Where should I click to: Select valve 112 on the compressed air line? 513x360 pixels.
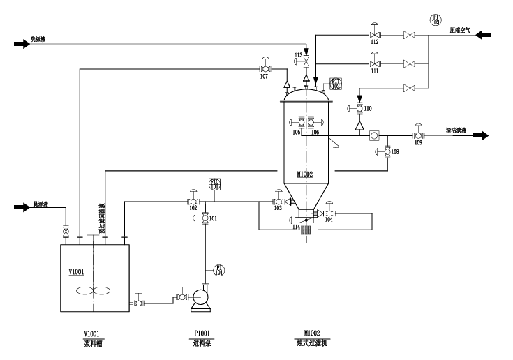pyautogui.click(x=374, y=35)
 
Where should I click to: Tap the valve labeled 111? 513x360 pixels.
pyautogui.click(x=374, y=63)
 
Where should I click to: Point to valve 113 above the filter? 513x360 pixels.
pyautogui.click(x=306, y=61)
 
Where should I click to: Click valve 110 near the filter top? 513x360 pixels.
pyautogui.click(x=359, y=108)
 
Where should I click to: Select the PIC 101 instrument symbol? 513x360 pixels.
pyautogui.click(x=215, y=186)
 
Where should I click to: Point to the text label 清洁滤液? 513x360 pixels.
pyautogui.click(x=457, y=130)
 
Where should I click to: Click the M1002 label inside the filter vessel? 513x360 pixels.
pyautogui.click(x=305, y=174)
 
